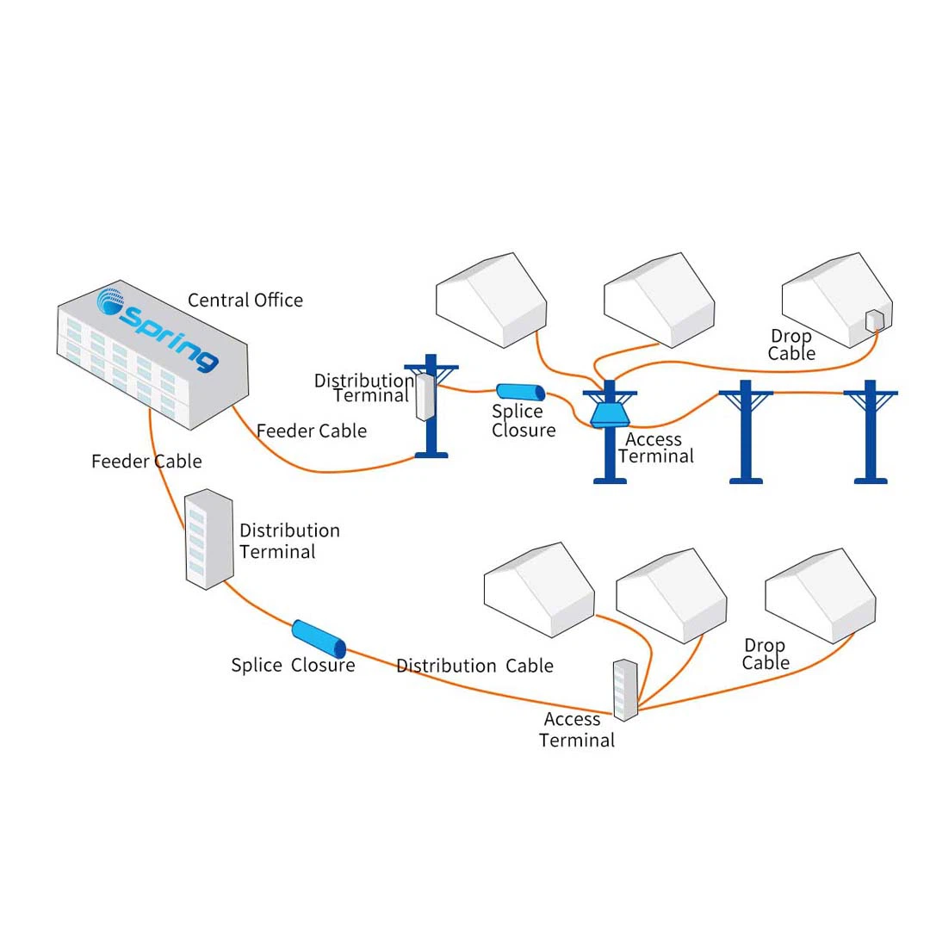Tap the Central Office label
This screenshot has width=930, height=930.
(x=245, y=301)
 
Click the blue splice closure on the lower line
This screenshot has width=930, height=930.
(x=319, y=638)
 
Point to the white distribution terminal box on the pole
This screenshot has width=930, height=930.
(x=425, y=395)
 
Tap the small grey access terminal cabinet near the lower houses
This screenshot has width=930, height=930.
(x=625, y=689)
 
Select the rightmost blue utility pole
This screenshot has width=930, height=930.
(x=870, y=431)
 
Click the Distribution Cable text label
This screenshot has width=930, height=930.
(x=474, y=666)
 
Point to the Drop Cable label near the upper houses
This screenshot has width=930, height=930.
(x=791, y=344)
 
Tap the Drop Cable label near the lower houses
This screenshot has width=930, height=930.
(x=765, y=654)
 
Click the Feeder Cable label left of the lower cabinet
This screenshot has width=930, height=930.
(x=146, y=462)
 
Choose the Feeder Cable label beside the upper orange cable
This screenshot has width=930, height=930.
(x=312, y=431)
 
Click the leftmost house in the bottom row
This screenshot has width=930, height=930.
(x=539, y=589)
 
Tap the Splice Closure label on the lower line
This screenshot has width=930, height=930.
(x=293, y=666)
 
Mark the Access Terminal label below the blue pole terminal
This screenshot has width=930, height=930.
(x=655, y=448)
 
